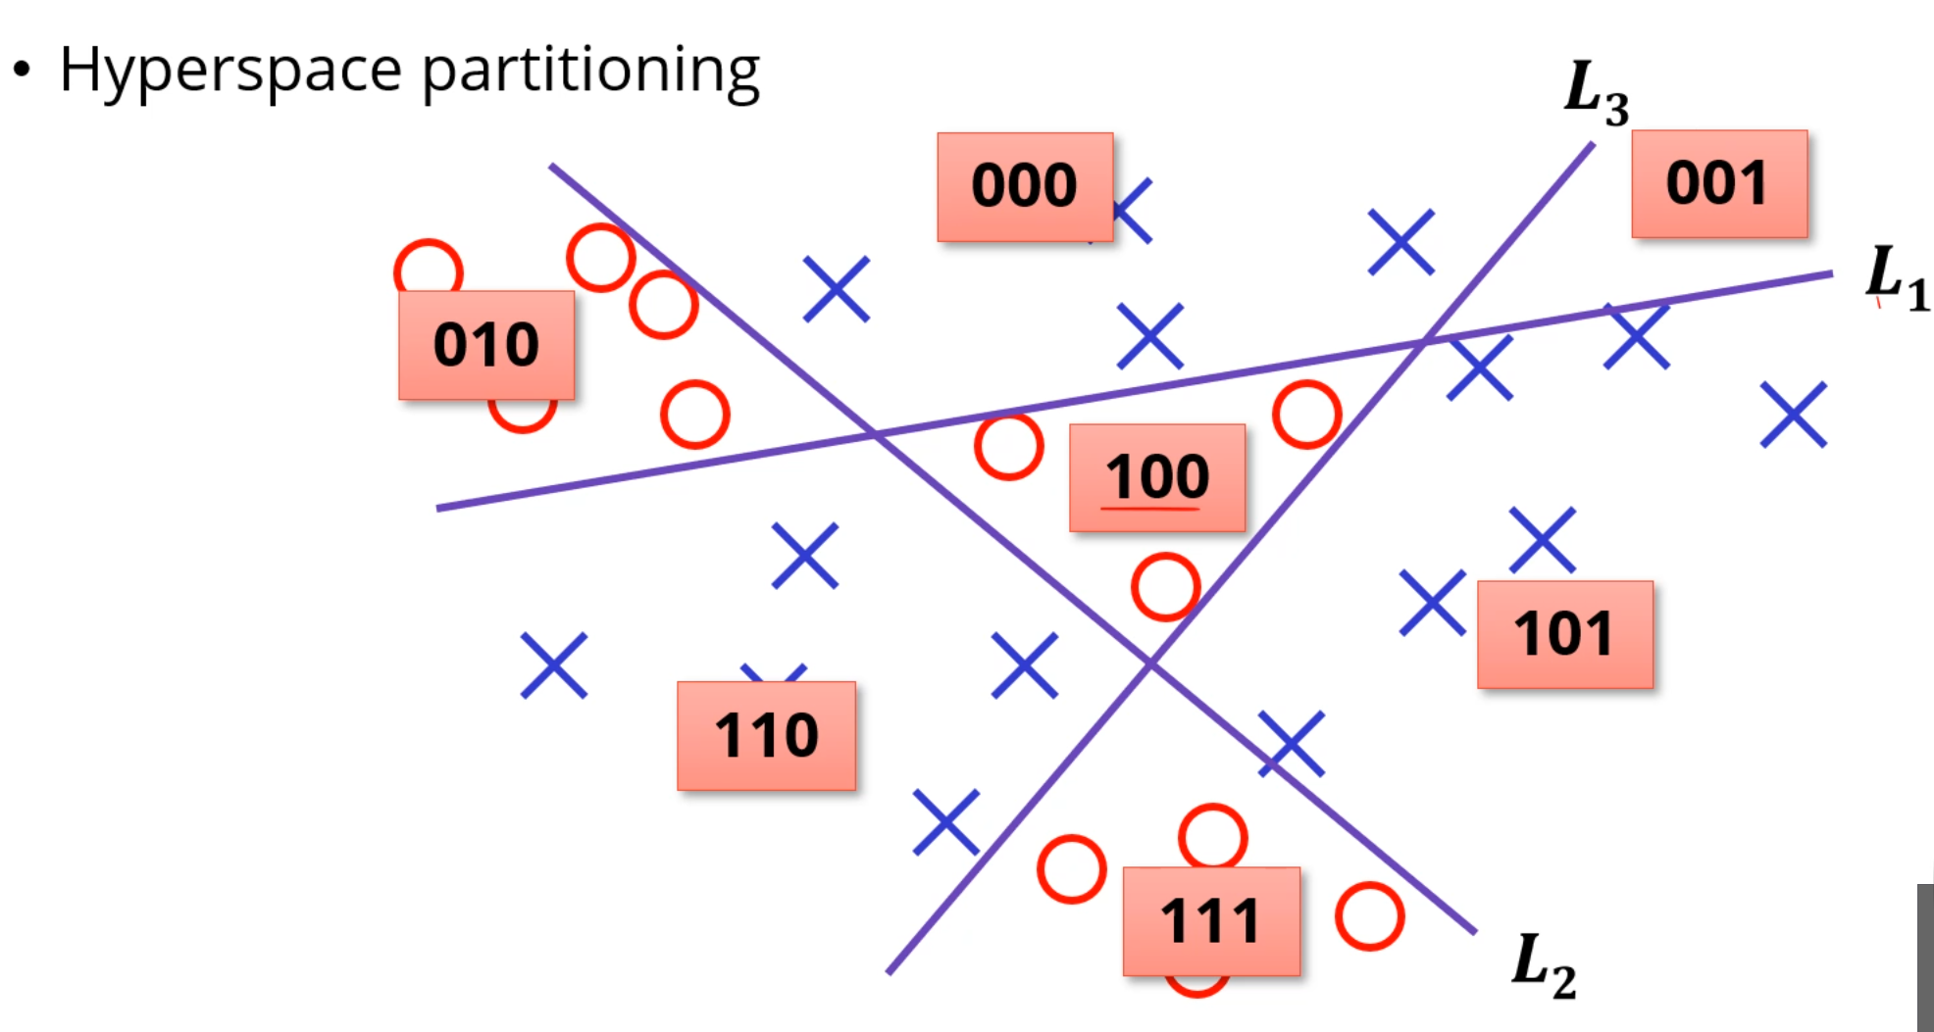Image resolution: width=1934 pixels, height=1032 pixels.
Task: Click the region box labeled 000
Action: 1025,186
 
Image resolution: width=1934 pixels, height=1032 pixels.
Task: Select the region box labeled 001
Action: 1719,183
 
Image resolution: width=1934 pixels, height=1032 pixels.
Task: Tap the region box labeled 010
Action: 486,345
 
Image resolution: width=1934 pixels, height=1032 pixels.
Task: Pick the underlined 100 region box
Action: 1157,477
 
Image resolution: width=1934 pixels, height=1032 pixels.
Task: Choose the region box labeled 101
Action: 1564,634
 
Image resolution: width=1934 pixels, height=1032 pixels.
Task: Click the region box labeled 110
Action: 766,735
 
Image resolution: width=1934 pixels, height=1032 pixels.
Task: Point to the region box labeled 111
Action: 1211,920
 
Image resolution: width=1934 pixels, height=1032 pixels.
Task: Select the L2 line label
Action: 1544,966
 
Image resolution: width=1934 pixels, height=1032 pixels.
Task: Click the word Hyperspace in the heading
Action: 230,71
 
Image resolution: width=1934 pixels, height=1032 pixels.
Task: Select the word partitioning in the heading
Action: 590,71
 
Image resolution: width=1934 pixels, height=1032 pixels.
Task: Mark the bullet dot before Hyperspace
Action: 22,71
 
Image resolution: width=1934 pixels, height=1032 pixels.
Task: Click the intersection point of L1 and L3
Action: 1427,339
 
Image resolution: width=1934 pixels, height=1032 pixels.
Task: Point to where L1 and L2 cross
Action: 876,432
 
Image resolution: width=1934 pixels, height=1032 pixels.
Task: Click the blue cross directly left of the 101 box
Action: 1432,603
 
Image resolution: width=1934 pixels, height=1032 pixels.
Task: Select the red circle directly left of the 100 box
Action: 1008,446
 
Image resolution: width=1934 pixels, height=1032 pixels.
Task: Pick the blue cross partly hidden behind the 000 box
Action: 1132,211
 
